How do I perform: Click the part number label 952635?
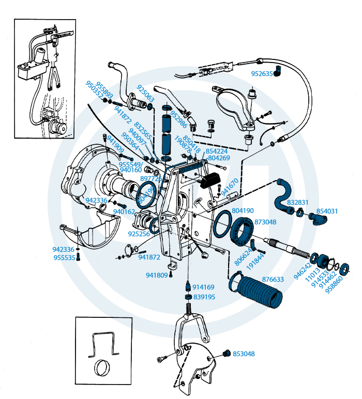click(262, 73)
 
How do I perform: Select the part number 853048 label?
click(244, 354)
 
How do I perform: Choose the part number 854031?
click(327, 211)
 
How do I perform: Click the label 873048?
click(265, 221)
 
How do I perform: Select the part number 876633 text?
click(273, 280)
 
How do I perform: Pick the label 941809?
click(157, 275)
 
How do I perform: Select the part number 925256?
click(139, 234)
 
